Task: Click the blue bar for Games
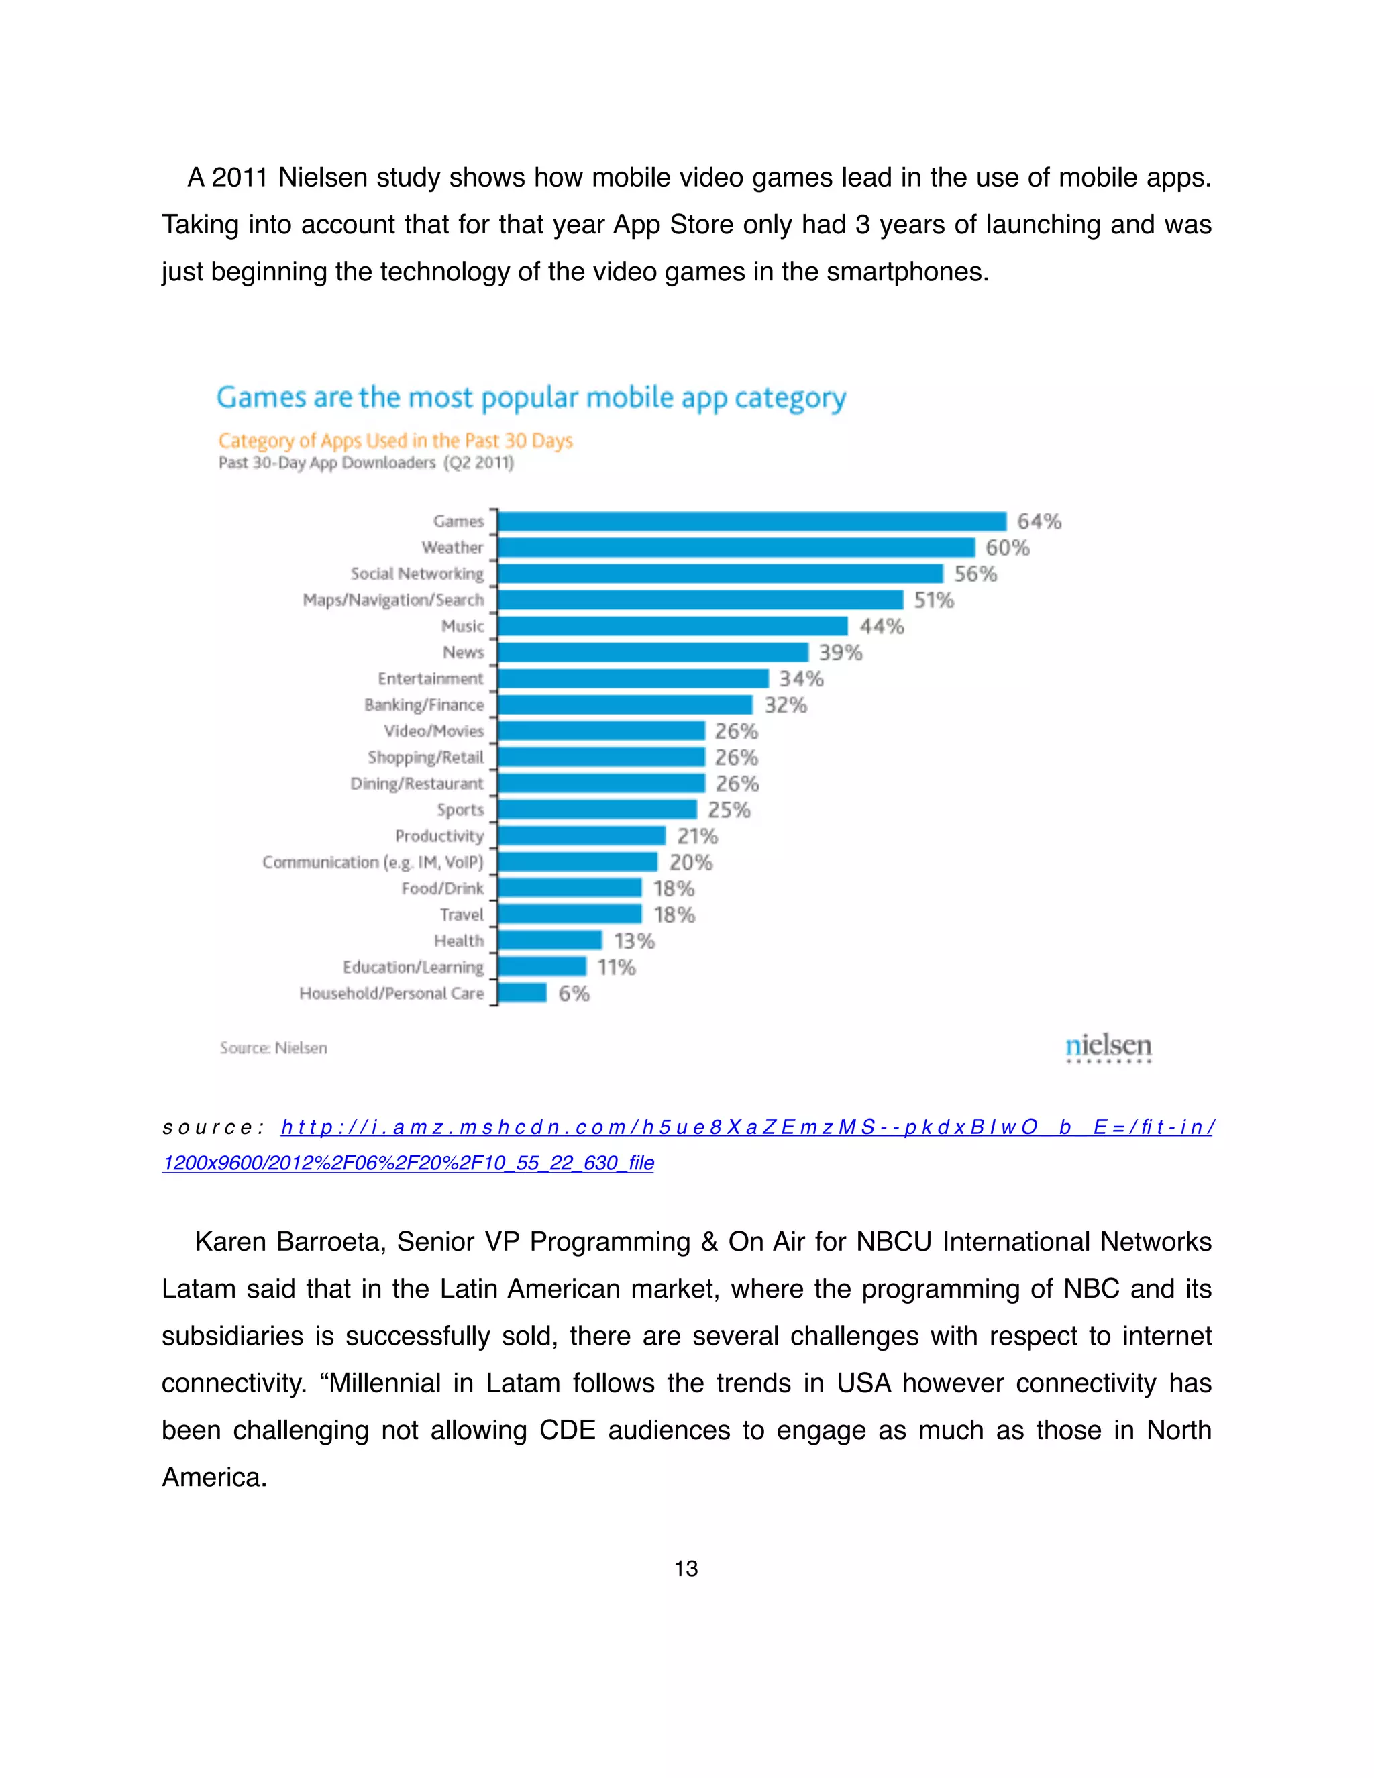coord(752,521)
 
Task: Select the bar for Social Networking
coord(721,574)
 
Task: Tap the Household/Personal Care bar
coord(522,993)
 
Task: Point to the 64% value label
coord(1039,521)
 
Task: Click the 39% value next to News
coord(840,652)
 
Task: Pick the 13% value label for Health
coord(634,941)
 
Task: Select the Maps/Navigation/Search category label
coord(393,600)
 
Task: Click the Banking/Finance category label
coord(424,705)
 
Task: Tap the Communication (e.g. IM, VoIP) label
coord(373,862)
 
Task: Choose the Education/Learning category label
coord(413,967)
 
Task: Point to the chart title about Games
coord(531,398)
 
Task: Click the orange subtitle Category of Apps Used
coord(396,441)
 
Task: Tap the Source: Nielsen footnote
coord(274,1048)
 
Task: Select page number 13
coord(686,1568)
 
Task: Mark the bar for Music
coord(672,626)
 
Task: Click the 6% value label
coord(574,993)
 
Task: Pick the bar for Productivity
coord(581,836)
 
